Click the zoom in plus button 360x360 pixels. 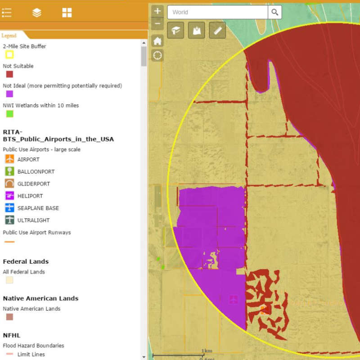tap(157, 11)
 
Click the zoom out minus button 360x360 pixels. tap(157, 23)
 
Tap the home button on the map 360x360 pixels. tap(157, 41)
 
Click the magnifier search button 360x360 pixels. tap(275, 12)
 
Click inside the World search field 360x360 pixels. tap(217, 12)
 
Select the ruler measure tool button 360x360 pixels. tap(217, 30)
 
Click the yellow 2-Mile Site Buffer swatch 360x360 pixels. tap(9, 54)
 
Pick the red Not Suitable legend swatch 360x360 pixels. tap(9, 74)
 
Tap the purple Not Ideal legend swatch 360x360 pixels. tap(9, 94)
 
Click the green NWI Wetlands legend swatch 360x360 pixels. tap(9, 114)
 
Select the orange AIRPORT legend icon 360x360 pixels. tap(9, 159)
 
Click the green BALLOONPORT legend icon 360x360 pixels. tap(9, 171)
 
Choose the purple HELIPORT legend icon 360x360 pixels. tap(9, 196)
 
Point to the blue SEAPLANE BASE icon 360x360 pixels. tap(9, 208)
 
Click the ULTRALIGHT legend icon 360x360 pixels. tap(9, 220)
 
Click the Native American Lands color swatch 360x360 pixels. tap(9, 317)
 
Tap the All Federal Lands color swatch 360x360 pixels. tap(9, 280)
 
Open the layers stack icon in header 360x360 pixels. tap(37, 13)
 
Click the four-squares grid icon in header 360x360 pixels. tap(67, 13)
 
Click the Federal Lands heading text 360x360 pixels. tap(26, 261)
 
